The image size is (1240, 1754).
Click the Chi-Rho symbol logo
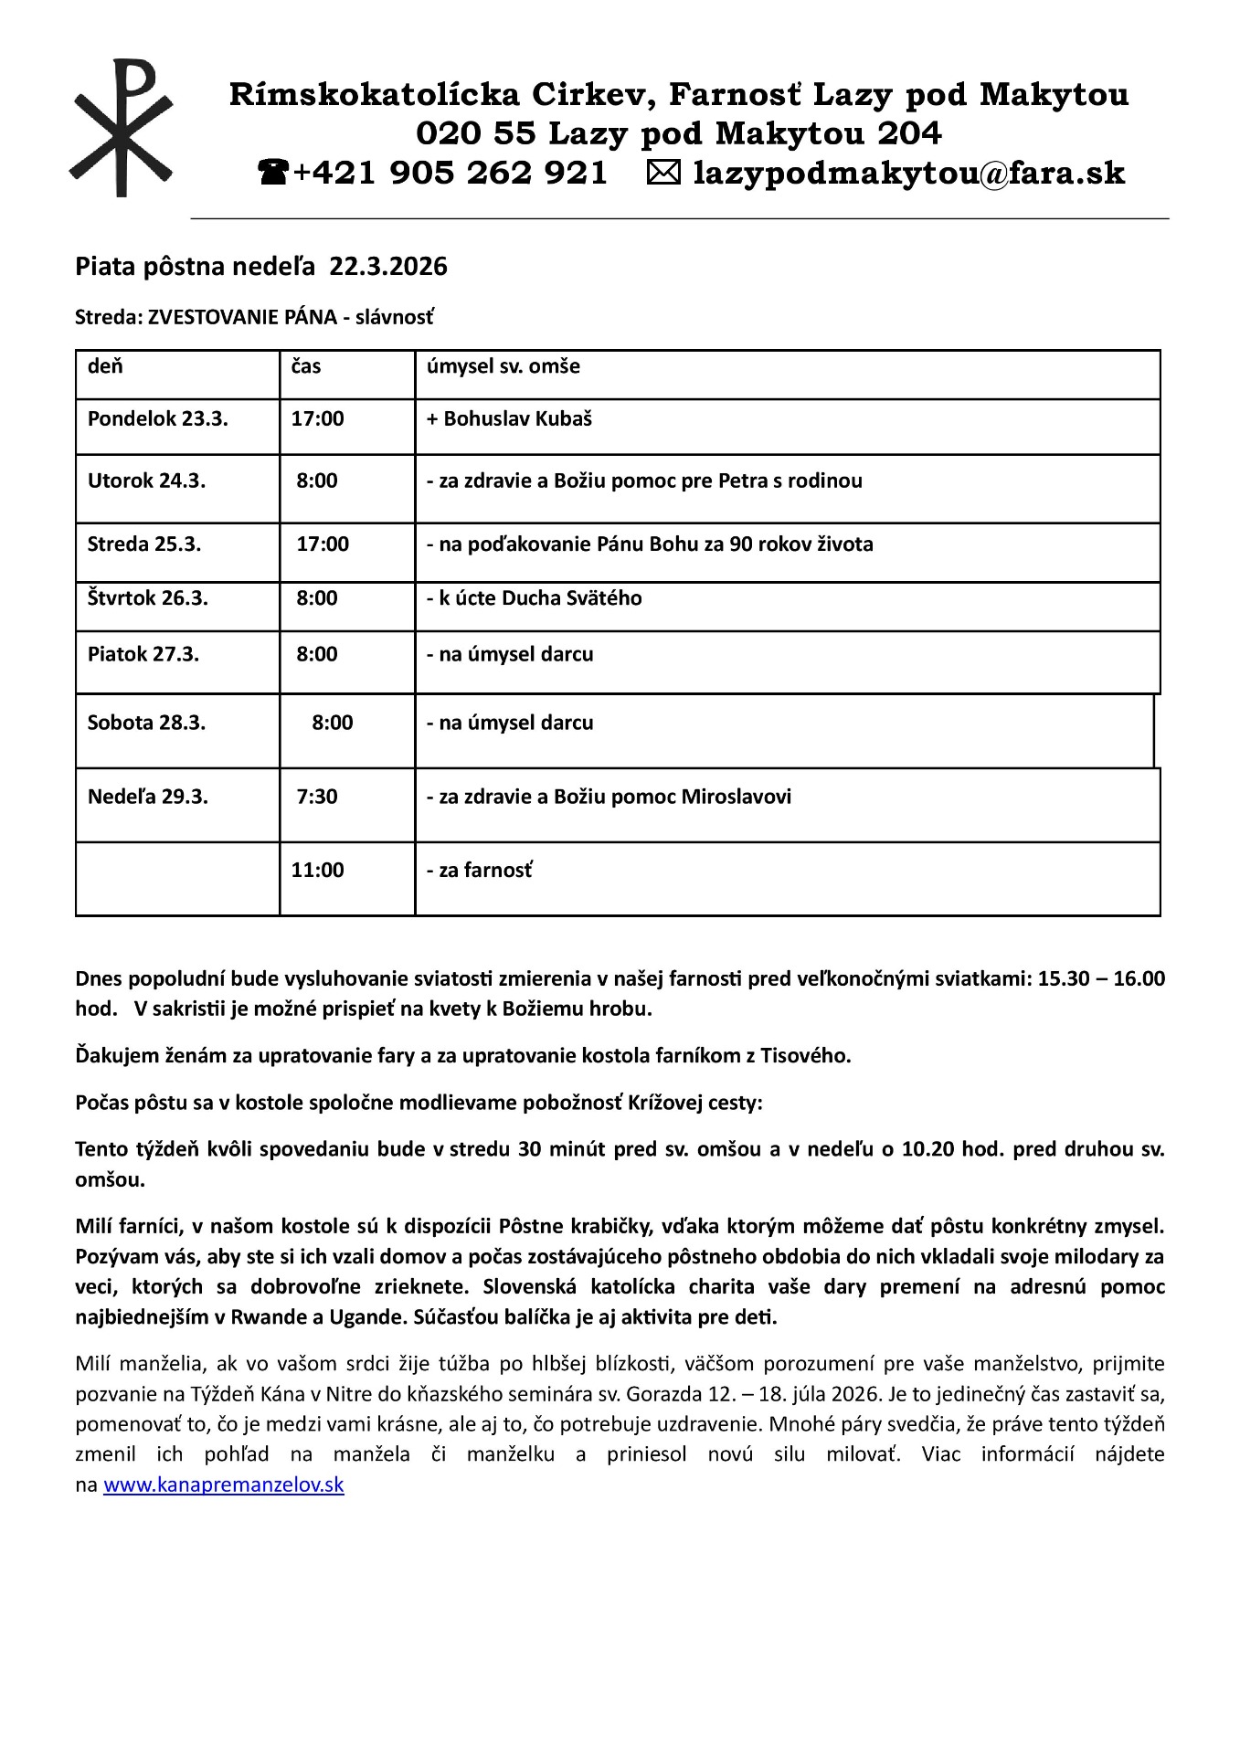[122, 128]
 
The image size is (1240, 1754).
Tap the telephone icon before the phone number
[273, 172]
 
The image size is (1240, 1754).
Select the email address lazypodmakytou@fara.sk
[908, 173]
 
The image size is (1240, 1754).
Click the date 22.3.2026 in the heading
[388, 267]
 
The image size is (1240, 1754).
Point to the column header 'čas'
[306, 366]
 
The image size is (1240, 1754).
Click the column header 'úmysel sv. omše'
[503, 366]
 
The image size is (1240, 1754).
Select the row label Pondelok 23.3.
[157, 419]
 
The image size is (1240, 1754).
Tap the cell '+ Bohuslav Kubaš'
[509, 419]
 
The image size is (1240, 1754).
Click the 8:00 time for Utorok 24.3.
[316, 481]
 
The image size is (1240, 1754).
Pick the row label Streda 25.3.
[143, 544]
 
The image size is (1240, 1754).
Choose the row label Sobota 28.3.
[146, 723]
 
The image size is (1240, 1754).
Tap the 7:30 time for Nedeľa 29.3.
[316, 797]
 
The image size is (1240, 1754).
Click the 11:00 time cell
[317, 870]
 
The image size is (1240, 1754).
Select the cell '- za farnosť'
[479, 871]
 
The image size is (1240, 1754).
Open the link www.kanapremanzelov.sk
[223, 1485]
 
